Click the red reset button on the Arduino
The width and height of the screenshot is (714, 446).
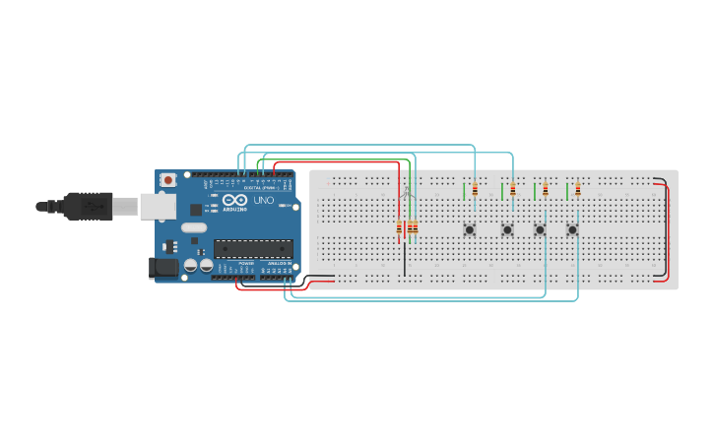[168, 180]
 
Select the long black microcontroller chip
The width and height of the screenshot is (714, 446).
[253, 249]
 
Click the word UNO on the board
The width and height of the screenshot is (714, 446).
[263, 201]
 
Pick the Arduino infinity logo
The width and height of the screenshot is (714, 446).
[233, 201]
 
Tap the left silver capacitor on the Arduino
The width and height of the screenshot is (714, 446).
[191, 265]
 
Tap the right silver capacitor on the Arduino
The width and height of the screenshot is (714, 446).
[206, 265]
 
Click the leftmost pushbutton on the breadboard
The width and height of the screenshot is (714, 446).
[470, 230]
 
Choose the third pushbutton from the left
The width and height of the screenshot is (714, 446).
[540, 230]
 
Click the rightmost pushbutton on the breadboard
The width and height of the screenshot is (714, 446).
[572, 230]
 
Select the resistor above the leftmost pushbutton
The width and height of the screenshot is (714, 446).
[475, 190]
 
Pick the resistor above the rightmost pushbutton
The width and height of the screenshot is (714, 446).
[578, 189]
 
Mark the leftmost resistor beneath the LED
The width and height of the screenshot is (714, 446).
[399, 229]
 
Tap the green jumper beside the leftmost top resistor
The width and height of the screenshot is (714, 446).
[464, 190]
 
